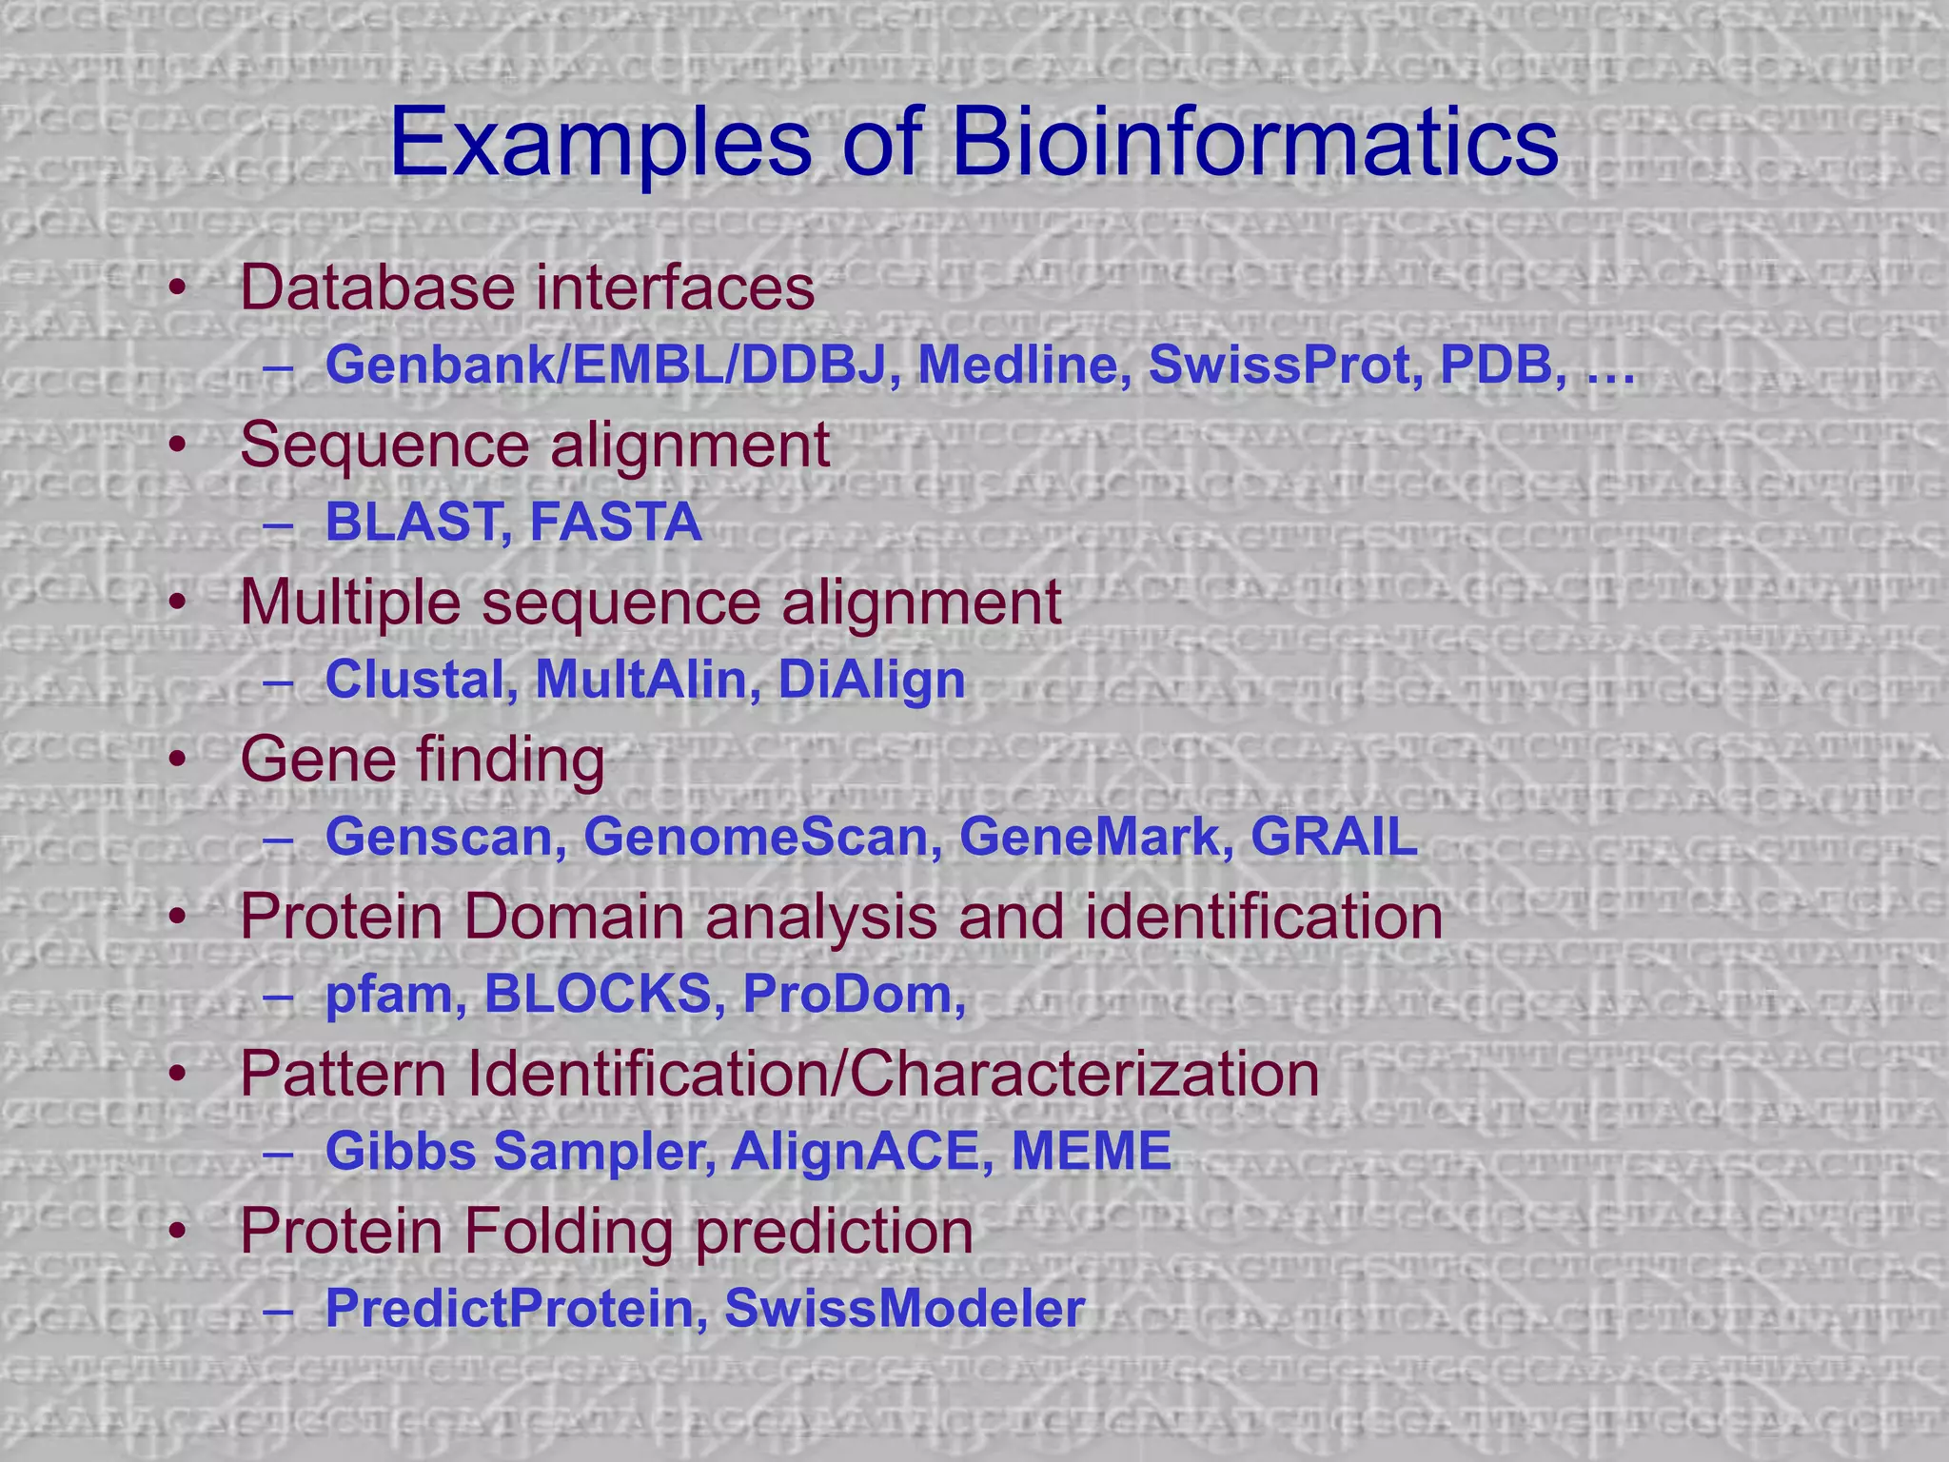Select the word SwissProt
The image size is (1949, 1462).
click(1286, 365)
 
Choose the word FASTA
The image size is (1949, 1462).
click(616, 523)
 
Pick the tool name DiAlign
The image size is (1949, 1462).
click(872, 680)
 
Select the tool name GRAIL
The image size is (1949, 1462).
click(1334, 838)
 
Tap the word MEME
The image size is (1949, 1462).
click(1091, 1152)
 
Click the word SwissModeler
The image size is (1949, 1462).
click(904, 1309)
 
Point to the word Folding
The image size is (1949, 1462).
click(570, 1232)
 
